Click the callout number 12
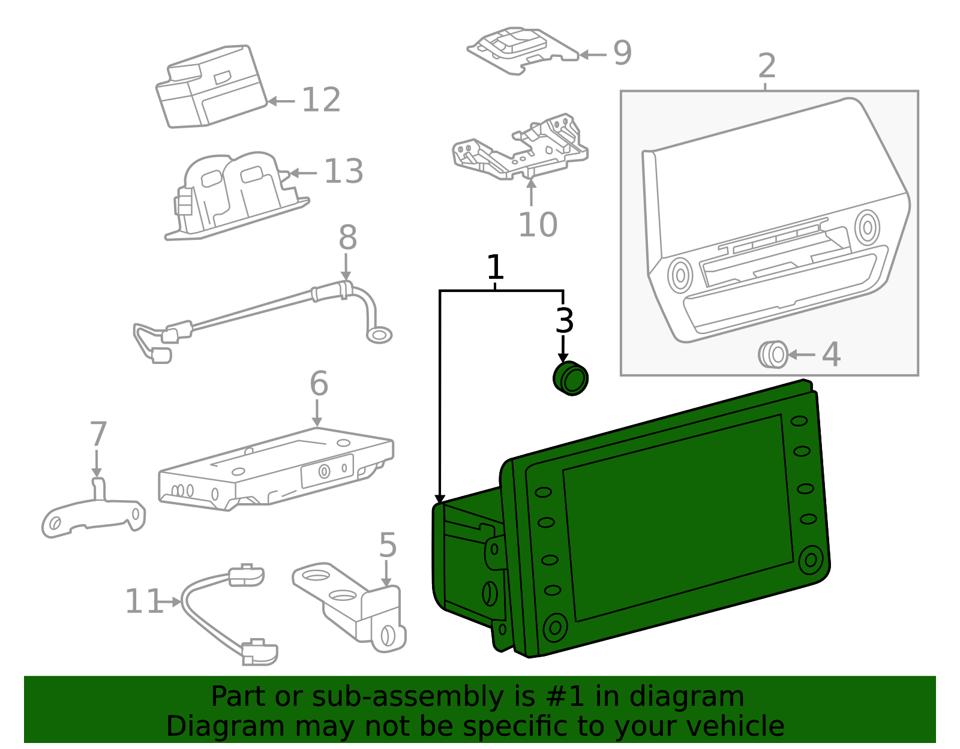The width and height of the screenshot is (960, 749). coord(321,100)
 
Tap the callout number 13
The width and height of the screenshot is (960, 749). coord(343,172)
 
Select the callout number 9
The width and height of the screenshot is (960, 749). coord(622,53)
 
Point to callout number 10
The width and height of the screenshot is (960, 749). coord(538,225)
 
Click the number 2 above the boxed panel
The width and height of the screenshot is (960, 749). coord(767,66)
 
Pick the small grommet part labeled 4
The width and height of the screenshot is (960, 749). coord(773,354)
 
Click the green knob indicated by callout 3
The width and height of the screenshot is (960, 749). coord(571,378)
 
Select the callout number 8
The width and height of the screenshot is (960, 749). coord(347,238)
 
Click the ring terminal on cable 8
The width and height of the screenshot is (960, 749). coord(379,335)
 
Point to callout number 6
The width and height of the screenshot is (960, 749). coord(319,384)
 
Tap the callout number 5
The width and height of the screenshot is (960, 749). coord(388,546)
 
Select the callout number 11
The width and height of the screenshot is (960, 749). coord(143,601)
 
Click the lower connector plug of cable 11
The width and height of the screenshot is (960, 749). coord(260,652)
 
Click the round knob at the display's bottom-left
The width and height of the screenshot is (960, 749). coord(555,627)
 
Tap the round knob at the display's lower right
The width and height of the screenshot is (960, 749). coord(811,560)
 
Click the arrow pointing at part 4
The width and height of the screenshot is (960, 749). coord(801,355)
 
